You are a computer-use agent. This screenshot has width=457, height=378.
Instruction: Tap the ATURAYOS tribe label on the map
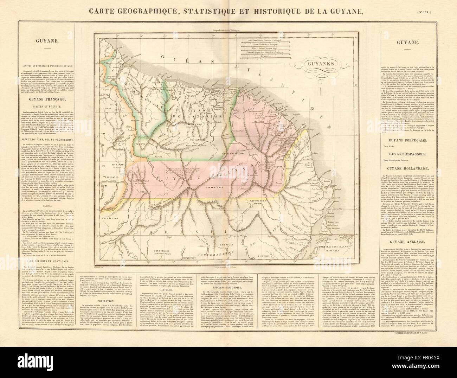point(141,144)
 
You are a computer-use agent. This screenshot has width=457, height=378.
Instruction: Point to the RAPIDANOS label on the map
point(113,177)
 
